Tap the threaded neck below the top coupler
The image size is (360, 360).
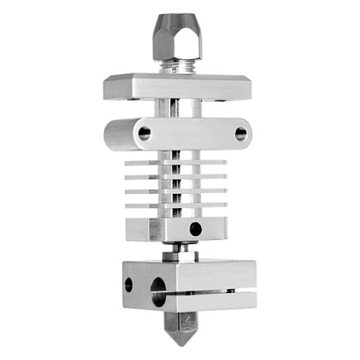pos(177,67)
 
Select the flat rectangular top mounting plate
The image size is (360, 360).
pos(176,86)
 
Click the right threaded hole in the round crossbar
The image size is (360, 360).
pos(241,134)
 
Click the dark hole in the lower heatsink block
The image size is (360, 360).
pos(195,229)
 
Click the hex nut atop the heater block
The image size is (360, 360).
pos(180,256)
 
